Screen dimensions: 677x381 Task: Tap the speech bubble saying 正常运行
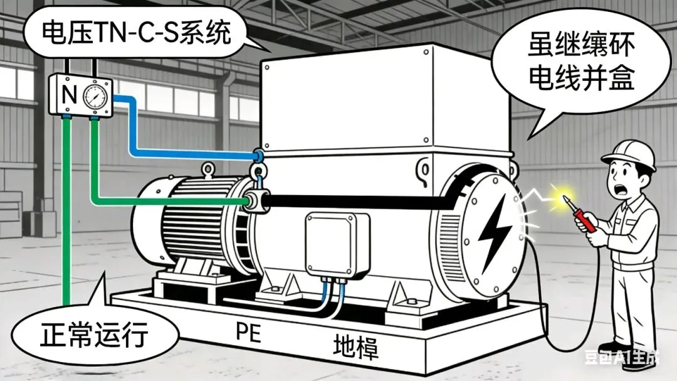(x=94, y=335)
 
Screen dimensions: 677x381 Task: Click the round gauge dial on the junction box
(x=95, y=96)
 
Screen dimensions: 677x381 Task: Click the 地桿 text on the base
(x=355, y=345)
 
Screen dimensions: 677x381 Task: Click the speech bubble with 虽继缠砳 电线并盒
(x=577, y=69)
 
